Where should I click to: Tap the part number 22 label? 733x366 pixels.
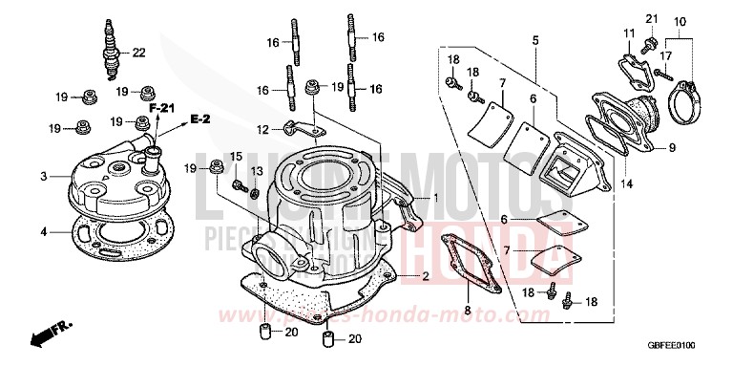click(138, 52)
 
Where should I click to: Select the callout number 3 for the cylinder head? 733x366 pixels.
click(43, 177)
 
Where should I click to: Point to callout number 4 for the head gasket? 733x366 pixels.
click(43, 230)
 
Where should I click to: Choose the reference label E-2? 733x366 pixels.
click(199, 118)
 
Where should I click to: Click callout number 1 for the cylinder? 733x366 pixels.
click(436, 198)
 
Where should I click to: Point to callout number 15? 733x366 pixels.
click(236, 156)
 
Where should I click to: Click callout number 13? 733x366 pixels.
click(255, 170)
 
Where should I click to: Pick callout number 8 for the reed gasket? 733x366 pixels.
click(467, 310)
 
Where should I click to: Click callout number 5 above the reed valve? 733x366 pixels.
click(535, 40)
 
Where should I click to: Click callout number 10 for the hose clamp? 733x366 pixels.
click(680, 21)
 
